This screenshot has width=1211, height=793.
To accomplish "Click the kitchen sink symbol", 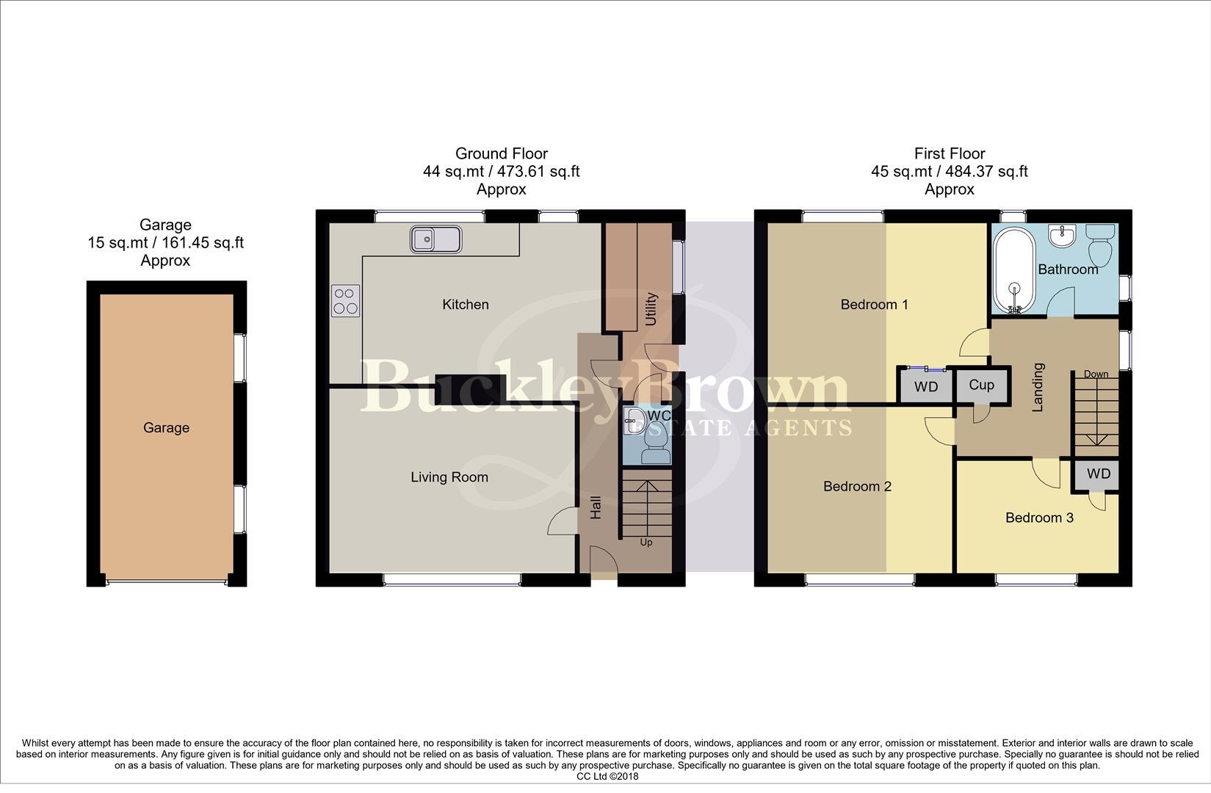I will pos(435,239).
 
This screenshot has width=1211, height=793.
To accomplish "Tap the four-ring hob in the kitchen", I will pos(346,300).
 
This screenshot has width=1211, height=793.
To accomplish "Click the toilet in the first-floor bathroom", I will pos(1100,245).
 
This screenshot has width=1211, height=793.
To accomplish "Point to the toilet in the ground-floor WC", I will pos(655,445).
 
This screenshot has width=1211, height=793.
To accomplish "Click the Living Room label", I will pos(449,477).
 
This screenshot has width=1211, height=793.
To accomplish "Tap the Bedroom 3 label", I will pos(1038,518).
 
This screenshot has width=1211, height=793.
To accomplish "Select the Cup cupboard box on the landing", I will pos(981,385).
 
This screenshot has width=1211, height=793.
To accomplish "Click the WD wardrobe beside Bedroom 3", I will pos(1099,474).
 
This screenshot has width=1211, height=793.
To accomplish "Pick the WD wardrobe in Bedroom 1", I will pos(925,387).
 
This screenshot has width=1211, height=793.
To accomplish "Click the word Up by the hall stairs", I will pos(646,543).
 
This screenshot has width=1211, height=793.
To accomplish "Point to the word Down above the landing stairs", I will pos(1096,374).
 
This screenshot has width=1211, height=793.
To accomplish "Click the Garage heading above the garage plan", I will pos(165,225).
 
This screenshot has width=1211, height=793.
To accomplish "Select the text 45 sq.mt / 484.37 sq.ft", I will pos(949,172).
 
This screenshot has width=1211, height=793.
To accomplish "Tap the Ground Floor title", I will pos(501,153).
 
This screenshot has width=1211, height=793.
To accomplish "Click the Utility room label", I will pos(651,308).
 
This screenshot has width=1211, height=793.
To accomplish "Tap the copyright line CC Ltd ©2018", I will pos(607,776).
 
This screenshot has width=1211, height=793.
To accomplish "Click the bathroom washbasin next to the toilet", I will pos(1061,236).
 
